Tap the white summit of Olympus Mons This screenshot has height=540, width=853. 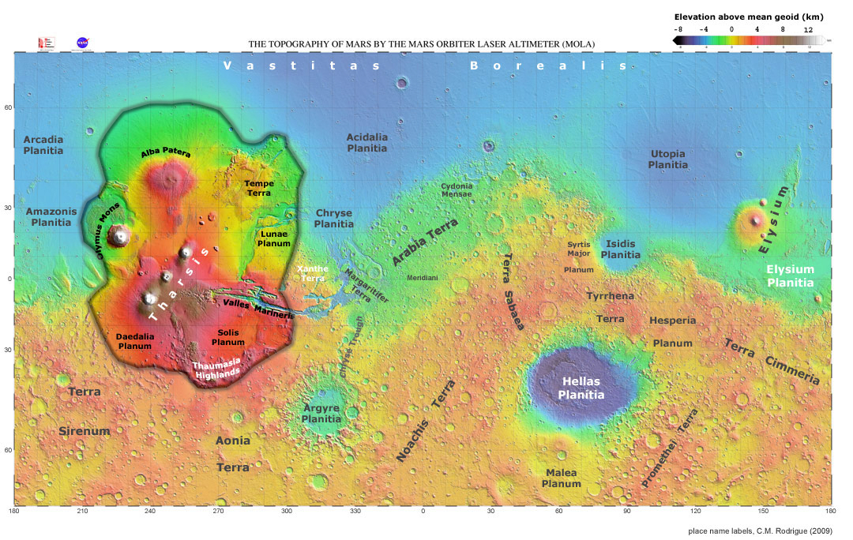click(x=120, y=234)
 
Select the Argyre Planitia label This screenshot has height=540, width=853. click(x=321, y=414)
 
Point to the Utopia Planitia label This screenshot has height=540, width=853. click(x=667, y=159)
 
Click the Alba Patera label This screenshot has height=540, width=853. click(x=166, y=153)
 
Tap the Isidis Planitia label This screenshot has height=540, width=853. click(x=621, y=249)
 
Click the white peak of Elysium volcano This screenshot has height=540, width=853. click(x=756, y=220)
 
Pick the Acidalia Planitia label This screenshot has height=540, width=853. click(x=367, y=142)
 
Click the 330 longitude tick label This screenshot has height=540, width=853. click(x=355, y=512)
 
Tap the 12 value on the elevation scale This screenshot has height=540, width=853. click(x=808, y=28)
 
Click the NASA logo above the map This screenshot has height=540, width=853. click(x=81, y=43)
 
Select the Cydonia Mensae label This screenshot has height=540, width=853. click(x=457, y=189)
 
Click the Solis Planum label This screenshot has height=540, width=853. click(x=228, y=337)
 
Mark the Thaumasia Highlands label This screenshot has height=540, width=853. click(x=216, y=369)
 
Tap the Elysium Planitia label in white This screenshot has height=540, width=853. click(x=791, y=276)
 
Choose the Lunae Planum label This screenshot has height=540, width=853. click(x=275, y=239)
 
